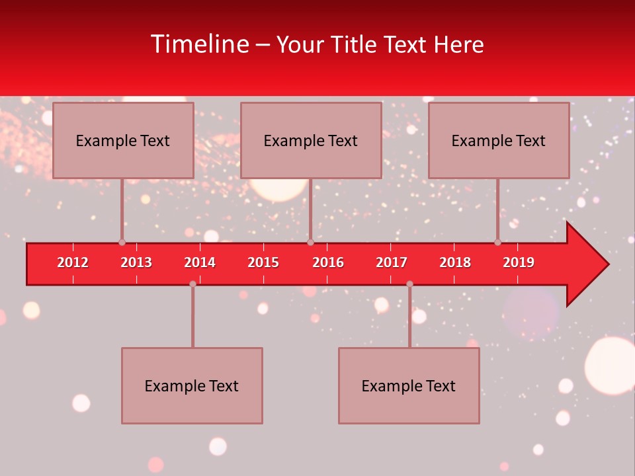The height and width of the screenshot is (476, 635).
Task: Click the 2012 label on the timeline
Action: pyautogui.click(x=73, y=262)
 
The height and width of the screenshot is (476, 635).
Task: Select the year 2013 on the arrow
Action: pyautogui.click(x=136, y=262)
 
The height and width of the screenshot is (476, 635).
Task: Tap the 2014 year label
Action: pyautogui.click(x=200, y=262)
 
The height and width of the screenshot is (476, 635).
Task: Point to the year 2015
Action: pyautogui.click(x=263, y=262)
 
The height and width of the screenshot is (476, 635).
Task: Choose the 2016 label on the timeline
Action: pyautogui.click(x=328, y=262)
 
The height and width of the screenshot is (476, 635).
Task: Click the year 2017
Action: pyautogui.click(x=392, y=262)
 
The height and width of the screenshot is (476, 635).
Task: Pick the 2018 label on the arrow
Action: pyautogui.click(x=455, y=262)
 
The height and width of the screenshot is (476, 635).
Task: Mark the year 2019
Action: pyautogui.click(x=519, y=262)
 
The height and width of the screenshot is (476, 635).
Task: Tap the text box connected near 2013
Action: pyautogui.click(x=123, y=140)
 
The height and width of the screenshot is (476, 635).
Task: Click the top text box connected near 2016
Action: pyautogui.click(x=311, y=140)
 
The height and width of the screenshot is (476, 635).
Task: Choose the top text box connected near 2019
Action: pyautogui.click(x=499, y=140)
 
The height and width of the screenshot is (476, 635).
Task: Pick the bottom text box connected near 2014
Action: pyautogui.click(x=192, y=385)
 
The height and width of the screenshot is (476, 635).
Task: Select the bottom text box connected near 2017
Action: pyautogui.click(x=409, y=385)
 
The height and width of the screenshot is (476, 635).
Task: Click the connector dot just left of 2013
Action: pyautogui.click(x=122, y=243)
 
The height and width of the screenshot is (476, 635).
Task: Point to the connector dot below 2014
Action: pyautogui.click(x=192, y=284)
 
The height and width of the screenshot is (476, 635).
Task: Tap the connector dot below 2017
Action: pyautogui.click(x=409, y=284)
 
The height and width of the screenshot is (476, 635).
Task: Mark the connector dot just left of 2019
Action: pyautogui.click(x=497, y=243)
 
